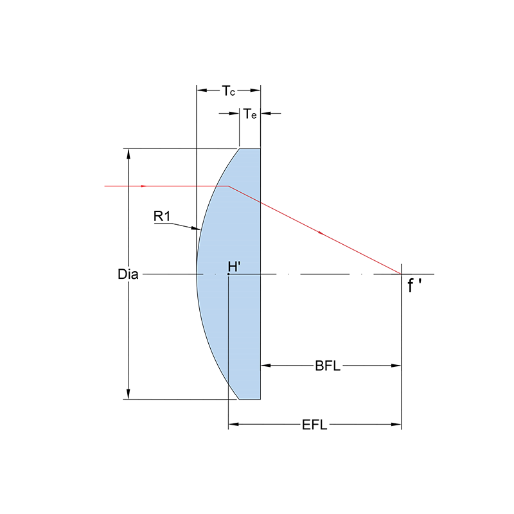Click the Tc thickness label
click(x=229, y=91)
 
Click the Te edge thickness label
click(x=250, y=114)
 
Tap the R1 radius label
click(x=162, y=216)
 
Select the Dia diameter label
click(x=128, y=274)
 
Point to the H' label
click(x=234, y=267)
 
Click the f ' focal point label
click(x=414, y=285)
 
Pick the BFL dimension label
click(x=328, y=366)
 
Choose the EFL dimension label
click(x=314, y=425)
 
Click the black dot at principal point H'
click(x=229, y=274)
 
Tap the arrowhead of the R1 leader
click(x=196, y=228)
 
